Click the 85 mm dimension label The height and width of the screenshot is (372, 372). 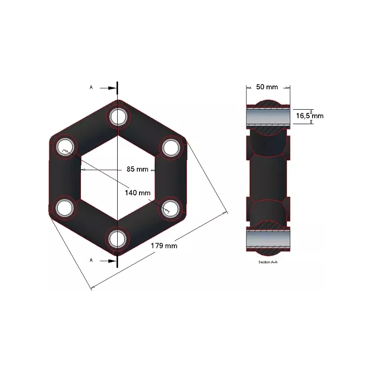[137, 169]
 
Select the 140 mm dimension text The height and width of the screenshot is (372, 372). [138, 193]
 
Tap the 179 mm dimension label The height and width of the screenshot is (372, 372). [164, 246]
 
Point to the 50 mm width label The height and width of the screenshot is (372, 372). [267, 87]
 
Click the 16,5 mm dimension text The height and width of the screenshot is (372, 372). [310, 116]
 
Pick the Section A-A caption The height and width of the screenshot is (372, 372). [268, 262]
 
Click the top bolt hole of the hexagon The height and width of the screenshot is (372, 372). [118, 117]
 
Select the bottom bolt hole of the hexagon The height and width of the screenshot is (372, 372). [117, 239]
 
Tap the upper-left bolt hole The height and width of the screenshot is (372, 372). [65, 147]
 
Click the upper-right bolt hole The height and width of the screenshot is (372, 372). [171, 147]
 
